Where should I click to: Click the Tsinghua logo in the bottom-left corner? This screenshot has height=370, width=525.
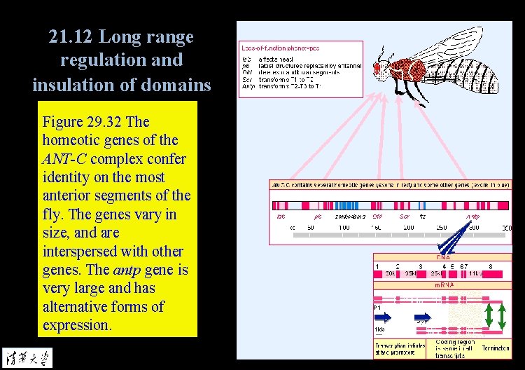click(27, 357)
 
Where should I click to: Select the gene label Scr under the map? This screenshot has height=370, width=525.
click(404, 217)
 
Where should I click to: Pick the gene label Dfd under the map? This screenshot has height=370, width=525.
click(377, 217)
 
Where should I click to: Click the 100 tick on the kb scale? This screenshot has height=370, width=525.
click(344, 228)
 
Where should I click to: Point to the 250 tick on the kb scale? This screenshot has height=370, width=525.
click(441, 228)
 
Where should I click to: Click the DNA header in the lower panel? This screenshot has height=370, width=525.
click(442, 257)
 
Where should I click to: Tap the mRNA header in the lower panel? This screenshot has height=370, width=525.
click(442, 285)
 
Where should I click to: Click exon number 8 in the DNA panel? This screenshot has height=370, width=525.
click(490, 266)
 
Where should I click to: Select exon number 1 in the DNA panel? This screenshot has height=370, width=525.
click(377, 266)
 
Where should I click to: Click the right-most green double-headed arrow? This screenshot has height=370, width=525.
click(502, 316)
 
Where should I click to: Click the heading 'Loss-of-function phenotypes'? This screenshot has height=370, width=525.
click(280, 48)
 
